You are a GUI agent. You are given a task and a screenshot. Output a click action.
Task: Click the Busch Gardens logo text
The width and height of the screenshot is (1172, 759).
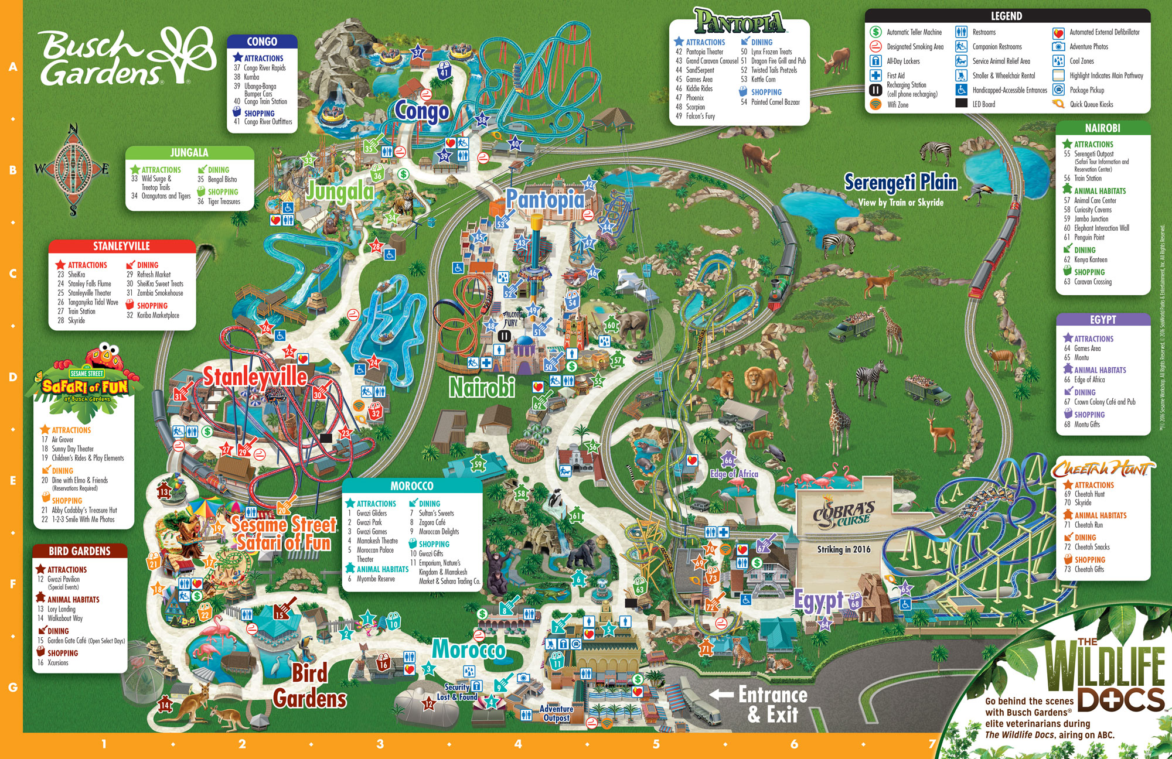100,59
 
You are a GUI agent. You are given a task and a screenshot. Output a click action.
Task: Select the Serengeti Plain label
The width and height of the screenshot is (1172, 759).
901,183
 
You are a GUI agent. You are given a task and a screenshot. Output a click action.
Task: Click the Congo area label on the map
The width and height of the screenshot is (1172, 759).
421,111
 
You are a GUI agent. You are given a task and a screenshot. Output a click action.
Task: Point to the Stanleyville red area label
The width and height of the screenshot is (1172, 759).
255,377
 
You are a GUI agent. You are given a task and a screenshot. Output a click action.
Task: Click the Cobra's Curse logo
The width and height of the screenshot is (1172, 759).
843,513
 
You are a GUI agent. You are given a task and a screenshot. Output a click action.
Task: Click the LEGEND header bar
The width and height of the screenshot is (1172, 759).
1006,16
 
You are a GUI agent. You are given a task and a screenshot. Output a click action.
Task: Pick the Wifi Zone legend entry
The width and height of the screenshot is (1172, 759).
897,105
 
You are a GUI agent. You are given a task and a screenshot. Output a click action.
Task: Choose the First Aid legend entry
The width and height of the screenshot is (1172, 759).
895,76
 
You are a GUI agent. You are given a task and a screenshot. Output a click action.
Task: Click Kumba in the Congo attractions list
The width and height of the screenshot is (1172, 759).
251,77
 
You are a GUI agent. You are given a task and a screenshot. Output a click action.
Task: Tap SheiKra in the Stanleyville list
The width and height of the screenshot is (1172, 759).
76,274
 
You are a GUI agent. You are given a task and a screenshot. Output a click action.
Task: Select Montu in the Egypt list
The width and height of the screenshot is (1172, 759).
1081,357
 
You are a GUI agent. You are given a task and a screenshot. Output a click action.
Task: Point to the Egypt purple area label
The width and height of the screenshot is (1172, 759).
819,600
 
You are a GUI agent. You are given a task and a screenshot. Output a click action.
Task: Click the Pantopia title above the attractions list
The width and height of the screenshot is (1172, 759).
740,22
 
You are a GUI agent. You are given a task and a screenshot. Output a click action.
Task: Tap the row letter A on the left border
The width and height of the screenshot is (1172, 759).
13,67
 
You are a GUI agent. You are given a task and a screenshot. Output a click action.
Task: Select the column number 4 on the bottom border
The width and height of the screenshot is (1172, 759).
518,744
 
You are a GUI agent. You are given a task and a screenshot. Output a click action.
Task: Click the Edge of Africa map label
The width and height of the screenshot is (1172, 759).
734,474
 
